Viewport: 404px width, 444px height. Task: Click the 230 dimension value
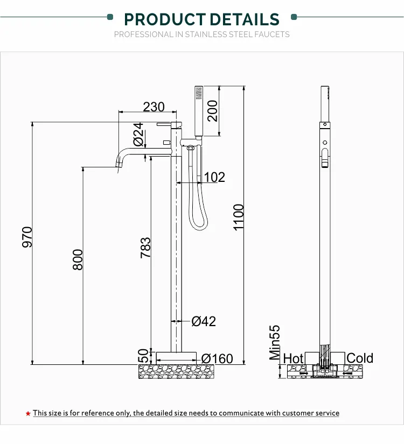pos(154,107)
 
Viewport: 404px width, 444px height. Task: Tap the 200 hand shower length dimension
pos(213,111)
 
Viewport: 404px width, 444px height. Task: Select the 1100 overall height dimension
pos(239,217)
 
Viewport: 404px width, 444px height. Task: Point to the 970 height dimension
pos(27,237)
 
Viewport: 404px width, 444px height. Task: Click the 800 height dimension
pos(78,259)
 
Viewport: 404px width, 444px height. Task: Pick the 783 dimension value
pos(145,248)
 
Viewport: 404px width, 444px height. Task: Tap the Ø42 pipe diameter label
pos(204,321)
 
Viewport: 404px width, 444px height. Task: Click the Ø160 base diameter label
pos(217,358)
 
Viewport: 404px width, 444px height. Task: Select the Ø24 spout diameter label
pos(138,135)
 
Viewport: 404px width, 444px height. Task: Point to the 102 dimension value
pos(214,177)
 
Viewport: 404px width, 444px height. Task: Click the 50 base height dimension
pos(143,356)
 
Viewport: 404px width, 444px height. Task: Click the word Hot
pos(294,358)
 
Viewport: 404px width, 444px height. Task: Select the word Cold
pos(360,358)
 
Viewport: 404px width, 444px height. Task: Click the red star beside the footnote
pos(28,413)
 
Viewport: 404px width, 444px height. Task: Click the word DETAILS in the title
pos(245,20)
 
